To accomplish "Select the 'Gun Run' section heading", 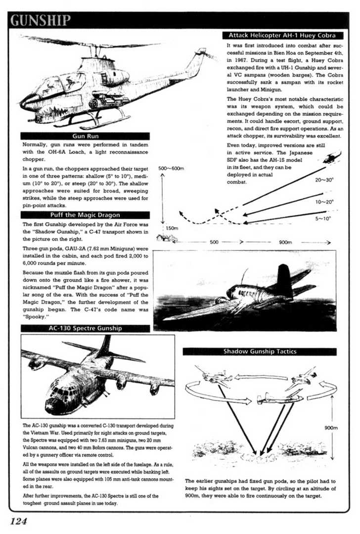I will click(x=85, y=136).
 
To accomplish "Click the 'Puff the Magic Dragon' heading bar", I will click(x=85, y=215).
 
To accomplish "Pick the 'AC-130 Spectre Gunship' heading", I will click(x=85, y=328).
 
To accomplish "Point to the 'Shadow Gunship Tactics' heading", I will click(x=259, y=351).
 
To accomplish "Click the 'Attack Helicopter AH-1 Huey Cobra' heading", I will click(x=281, y=36).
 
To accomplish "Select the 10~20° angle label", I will click(x=324, y=202).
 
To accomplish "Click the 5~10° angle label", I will click(x=324, y=218).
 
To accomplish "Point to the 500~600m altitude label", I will click(x=171, y=169).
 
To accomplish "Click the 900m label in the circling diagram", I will click(x=331, y=428).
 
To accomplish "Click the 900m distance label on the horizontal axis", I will click(x=285, y=243).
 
